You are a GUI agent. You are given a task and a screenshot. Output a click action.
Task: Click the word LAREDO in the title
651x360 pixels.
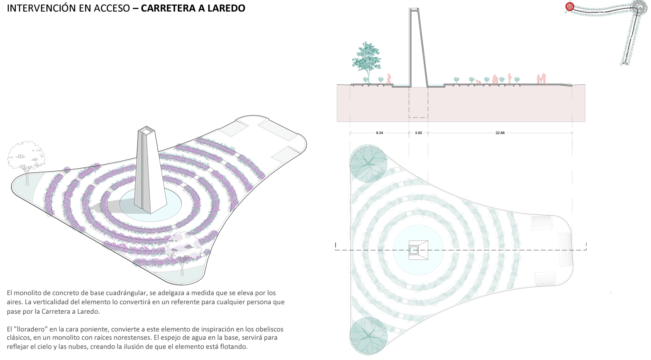[x=226, y=8]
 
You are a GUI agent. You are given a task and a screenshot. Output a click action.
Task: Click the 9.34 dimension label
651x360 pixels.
[x=379, y=133]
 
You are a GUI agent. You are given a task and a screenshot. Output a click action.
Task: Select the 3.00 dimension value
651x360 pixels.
[x=418, y=133]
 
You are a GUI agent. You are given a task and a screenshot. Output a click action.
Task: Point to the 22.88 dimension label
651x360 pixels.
[x=500, y=133]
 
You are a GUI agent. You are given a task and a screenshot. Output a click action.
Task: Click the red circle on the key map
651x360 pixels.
[x=570, y=7]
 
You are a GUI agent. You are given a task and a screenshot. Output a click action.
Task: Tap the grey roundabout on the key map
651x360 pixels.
[x=639, y=7]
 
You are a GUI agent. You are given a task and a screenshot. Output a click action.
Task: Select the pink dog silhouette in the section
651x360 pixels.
[x=478, y=81]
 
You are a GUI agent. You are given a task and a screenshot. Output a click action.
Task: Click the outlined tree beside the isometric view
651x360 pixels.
[x=26, y=156]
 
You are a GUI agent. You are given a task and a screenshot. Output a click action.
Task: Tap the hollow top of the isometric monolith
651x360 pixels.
[x=147, y=131]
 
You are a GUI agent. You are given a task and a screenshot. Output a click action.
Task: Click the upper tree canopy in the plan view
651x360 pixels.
[x=368, y=164]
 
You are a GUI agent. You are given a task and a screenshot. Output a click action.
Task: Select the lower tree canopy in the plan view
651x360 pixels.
[x=368, y=336]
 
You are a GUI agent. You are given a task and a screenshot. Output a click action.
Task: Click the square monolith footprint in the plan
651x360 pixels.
[x=418, y=250]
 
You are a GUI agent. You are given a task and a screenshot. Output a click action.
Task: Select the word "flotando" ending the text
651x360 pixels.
[x=234, y=346]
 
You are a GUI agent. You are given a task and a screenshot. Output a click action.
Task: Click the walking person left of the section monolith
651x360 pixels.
[x=389, y=79]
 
